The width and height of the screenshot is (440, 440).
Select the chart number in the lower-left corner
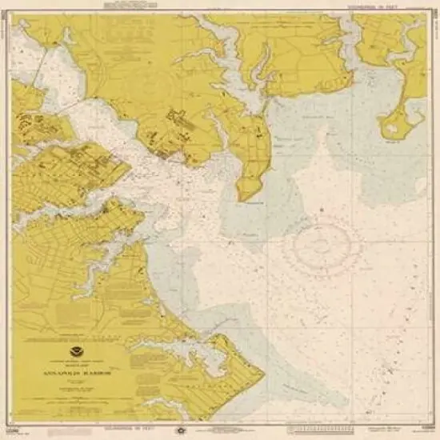(18, 426)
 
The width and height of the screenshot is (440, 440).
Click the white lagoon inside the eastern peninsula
(395, 124)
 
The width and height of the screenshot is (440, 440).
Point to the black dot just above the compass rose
(320, 210)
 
